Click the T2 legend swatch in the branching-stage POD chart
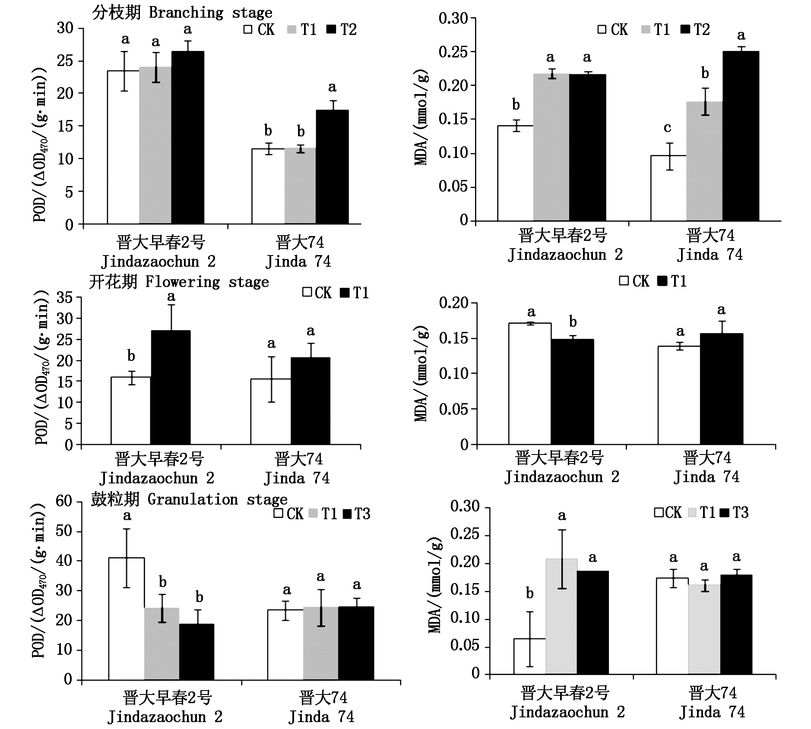(x=331, y=29)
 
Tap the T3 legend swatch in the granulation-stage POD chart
(x=348, y=514)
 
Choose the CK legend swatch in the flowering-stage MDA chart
(x=624, y=281)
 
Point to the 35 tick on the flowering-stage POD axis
(x=65, y=298)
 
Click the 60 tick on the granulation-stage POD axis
(x=65, y=502)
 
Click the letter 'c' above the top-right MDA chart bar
(x=667, y=128)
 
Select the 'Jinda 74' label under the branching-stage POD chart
(x=298, y=262)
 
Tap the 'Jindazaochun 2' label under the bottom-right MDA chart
(x=567, y=712)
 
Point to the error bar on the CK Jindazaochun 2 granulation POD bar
(x=127, y=558)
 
